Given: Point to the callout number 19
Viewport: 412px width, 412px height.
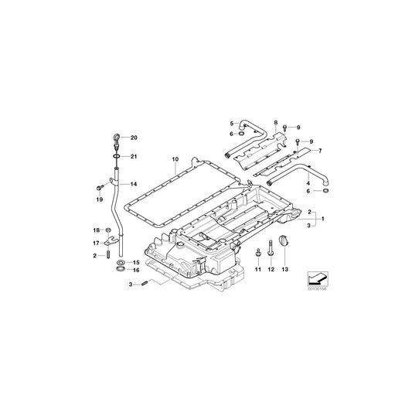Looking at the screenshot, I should [x=99, y=199].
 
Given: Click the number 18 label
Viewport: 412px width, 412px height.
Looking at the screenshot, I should [x=97, y=230].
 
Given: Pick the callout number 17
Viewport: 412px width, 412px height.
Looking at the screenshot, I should [x=97, y=243].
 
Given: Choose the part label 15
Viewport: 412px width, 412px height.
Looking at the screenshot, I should [x=136, y=263].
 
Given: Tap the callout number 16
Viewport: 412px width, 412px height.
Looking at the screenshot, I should [x=136, y=271].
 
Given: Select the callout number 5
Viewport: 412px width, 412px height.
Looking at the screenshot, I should [x=230, y=123].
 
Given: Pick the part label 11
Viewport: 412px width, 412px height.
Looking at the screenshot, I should [x=258, y=271].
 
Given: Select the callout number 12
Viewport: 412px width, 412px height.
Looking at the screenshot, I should [x=271, y=271].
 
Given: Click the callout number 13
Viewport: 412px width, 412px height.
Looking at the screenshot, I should [x=285, y=271].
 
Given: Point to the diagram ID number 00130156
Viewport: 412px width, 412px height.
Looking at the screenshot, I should [x=317, y=291].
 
